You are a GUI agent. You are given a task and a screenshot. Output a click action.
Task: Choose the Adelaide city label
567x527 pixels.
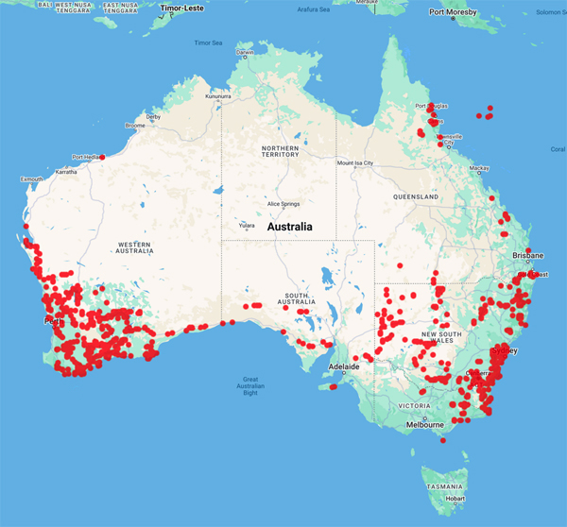(345, 365)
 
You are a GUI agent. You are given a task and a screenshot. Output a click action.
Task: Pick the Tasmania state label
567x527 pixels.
(443, 485)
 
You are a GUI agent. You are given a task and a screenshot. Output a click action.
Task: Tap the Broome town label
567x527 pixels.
(134, 126)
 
